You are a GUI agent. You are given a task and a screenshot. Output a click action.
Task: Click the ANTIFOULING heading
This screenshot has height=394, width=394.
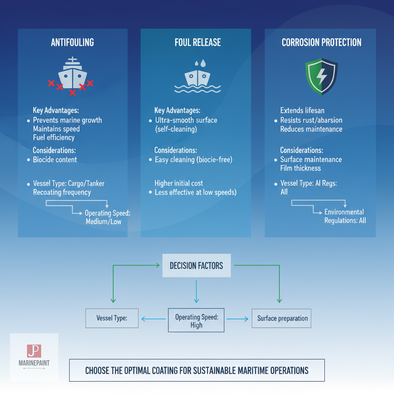[x=72, y=42]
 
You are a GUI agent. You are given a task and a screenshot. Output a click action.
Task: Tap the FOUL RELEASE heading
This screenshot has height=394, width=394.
[x=198, y=42]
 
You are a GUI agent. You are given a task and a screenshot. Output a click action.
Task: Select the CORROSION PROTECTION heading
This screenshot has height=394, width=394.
[x=321, y=42]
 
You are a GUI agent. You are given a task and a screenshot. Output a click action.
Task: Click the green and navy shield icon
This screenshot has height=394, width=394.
[x=321, y=76]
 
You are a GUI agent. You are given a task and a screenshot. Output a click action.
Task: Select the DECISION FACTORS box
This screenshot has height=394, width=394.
[x=197, y=265]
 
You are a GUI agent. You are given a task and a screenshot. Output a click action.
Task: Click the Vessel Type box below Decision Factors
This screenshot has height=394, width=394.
[x=112, y=318]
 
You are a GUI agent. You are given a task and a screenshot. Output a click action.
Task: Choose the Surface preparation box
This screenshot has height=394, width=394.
[x=282, y=318]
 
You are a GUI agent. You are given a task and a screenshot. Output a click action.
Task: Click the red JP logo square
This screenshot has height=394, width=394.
[x=34, y=351]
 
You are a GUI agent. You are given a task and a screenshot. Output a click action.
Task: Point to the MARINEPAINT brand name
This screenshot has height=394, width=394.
[x=34, y=363]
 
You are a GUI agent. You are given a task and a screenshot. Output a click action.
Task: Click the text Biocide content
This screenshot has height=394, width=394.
[x=55, y=160]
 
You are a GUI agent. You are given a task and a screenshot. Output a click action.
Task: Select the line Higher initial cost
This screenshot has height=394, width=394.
[x=179, y=183]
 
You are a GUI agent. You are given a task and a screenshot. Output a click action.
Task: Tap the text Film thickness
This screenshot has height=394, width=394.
[x=301, y=168]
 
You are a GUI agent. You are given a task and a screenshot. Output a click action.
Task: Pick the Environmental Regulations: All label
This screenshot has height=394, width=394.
[x=345, y=216]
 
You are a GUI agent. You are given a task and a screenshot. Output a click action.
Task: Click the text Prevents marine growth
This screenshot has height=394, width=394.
[x=67, y=120]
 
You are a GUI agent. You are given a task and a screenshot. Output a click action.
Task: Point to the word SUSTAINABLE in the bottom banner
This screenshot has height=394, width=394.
[x=222, y=371]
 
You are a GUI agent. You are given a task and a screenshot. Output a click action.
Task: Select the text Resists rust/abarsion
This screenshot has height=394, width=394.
[x=311, y=120]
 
